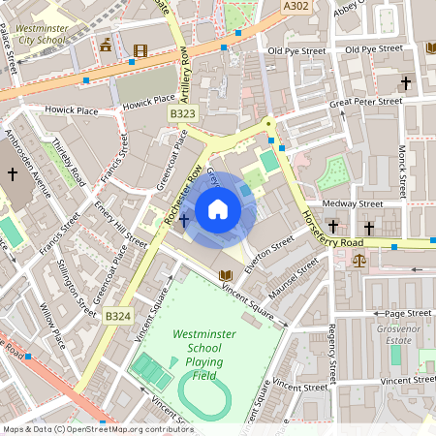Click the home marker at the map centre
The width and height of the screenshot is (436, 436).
coord(218,208)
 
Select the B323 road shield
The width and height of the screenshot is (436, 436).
coord(182,113)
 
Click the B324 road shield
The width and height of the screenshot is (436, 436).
coord(117,316)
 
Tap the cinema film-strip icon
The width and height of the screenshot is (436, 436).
coord(142,49)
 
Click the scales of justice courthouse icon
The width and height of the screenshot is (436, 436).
coord(359,259)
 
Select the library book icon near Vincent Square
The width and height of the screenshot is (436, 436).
coord(226,274)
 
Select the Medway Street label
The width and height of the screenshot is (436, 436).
coord(353,203)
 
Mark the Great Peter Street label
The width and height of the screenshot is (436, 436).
coord(365,101)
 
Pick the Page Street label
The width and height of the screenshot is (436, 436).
coord(408,313)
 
